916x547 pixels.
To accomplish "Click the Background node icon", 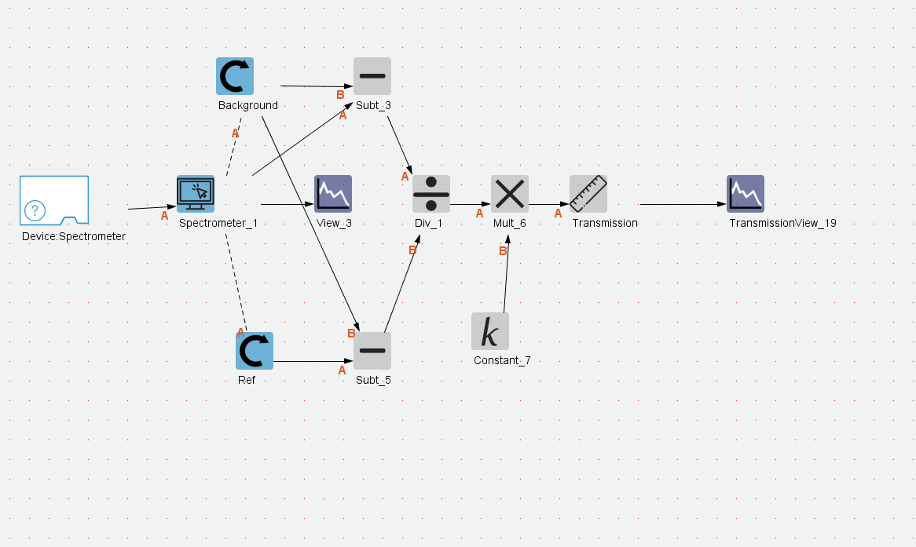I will [235, 76].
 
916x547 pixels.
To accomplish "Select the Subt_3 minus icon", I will [372, 76].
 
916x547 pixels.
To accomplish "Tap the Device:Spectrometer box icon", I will [54, 200].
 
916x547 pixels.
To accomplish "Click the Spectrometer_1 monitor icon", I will [196, 194].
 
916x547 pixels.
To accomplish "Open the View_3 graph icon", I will [333, 194].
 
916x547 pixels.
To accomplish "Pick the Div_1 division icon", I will [431, 194].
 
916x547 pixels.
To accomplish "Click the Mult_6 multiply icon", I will [510, 194].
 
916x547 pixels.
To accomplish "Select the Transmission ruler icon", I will [588, 194].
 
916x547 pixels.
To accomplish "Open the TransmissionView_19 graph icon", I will [746, 194].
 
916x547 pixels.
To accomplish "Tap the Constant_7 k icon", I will [490, 331].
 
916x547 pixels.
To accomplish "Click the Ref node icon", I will [255, 351].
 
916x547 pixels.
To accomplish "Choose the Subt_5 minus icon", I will [372, 351].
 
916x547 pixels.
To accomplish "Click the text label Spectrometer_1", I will [218, 223].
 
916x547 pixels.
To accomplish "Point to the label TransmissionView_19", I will [782, 223].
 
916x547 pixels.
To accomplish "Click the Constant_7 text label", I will [502, 360].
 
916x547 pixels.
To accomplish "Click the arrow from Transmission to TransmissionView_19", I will [683, 204].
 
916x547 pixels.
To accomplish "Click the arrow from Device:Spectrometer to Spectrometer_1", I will [148, 208].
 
